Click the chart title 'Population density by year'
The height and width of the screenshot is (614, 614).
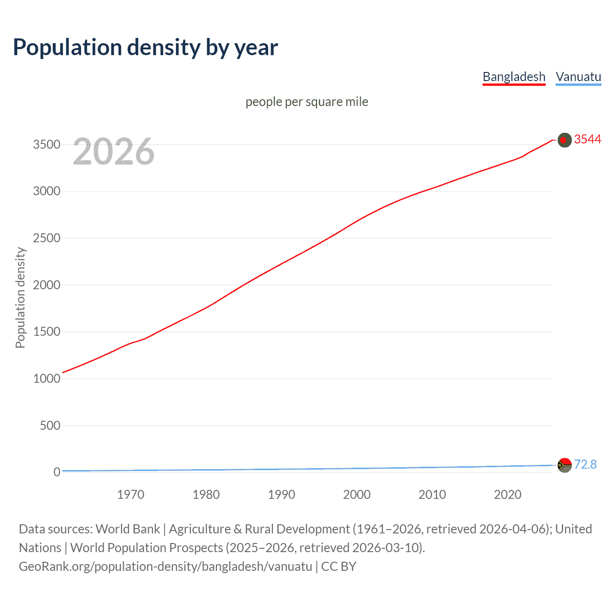[145, 47]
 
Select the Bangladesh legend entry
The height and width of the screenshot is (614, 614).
[514, 77]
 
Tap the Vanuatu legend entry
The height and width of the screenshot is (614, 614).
[578, 77]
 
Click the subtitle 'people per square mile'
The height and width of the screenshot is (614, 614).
[307, 102]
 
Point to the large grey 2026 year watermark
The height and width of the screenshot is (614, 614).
[114, 152]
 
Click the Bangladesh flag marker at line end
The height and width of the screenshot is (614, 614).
[565, 140]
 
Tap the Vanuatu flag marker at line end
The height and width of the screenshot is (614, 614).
[565, 465]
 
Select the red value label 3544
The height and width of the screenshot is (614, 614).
[587, 139]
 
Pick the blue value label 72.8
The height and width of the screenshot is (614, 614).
[585, 464]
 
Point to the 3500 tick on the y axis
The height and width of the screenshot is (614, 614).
[47, 144]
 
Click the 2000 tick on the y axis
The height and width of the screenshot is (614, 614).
[47, 285]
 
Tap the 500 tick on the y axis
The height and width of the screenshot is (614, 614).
[50, 425]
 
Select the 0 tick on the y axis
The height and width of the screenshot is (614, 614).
[57, 472]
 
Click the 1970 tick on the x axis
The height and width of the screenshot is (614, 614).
[130, 495]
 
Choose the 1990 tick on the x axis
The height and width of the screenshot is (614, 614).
[282, 495]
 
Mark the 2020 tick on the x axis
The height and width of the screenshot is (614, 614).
[508, 495]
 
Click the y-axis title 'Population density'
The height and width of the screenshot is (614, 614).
[20, 297]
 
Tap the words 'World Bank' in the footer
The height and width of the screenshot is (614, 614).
[128, 529]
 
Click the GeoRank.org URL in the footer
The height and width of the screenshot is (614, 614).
[165, 567]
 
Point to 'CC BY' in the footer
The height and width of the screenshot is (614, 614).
[339, 567]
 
